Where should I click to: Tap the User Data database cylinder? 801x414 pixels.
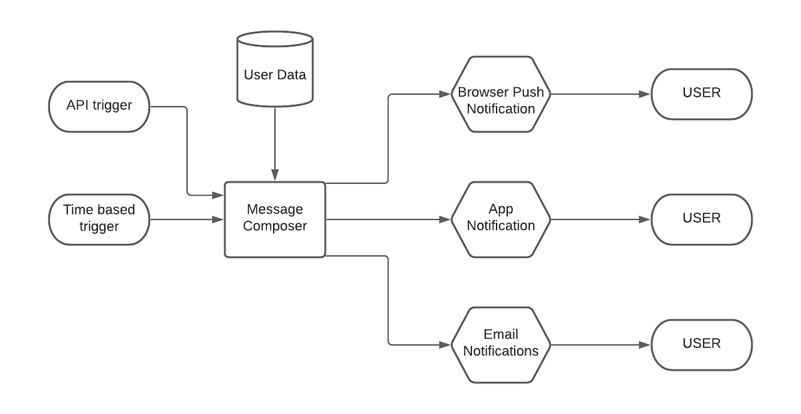click(275, 69)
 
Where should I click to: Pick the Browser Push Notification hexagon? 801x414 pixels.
click(501, 94)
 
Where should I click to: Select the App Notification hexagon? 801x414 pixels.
click(501, 219)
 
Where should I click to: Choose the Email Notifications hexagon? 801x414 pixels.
click(501, 344)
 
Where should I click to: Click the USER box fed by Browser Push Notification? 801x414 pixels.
click(702, 94)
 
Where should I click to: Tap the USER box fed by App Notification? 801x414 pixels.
click(702, 219)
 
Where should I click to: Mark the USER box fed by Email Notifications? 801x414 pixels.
click(702, 344)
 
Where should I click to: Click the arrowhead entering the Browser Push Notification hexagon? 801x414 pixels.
click(446, 94)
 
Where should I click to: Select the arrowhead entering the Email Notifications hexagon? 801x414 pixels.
click(446, 345)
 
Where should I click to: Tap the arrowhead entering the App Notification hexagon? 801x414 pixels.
click(446, 219)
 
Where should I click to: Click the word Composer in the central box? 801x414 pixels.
click(275, 226)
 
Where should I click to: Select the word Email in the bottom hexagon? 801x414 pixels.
click(501, 334)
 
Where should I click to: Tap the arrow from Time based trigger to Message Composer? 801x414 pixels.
click(187, 219)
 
